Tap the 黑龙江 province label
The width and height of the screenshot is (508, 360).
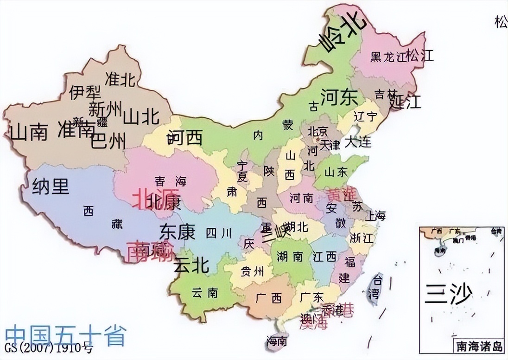(387, 57)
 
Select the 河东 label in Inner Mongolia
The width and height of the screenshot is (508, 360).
(339, 97)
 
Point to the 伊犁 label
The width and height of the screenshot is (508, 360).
(83, 92)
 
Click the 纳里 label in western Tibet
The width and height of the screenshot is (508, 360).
(51, 186)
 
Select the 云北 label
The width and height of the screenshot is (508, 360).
(191, 265)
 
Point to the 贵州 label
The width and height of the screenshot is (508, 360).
(253, 271)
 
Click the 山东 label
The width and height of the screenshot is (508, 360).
(336, 172)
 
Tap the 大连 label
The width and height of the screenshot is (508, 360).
(358, 141)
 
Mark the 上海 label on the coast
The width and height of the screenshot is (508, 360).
(375, 216)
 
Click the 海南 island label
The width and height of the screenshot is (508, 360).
(277, 341)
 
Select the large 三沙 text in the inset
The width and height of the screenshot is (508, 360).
(448, 293)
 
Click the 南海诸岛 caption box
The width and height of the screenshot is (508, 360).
(477, 346)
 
